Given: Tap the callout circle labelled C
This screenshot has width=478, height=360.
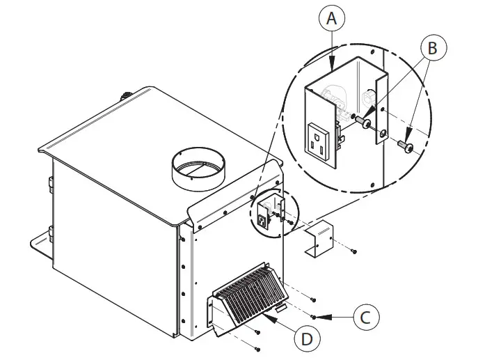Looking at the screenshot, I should pos(365,318).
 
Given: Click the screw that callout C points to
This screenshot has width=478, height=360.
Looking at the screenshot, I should pos(314,317).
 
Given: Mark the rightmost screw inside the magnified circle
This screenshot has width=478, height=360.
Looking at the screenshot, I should pos(407,147).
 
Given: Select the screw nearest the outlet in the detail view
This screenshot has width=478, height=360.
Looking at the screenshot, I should pos(362,122).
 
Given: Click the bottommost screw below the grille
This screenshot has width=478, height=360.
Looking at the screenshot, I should pos(257,347).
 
